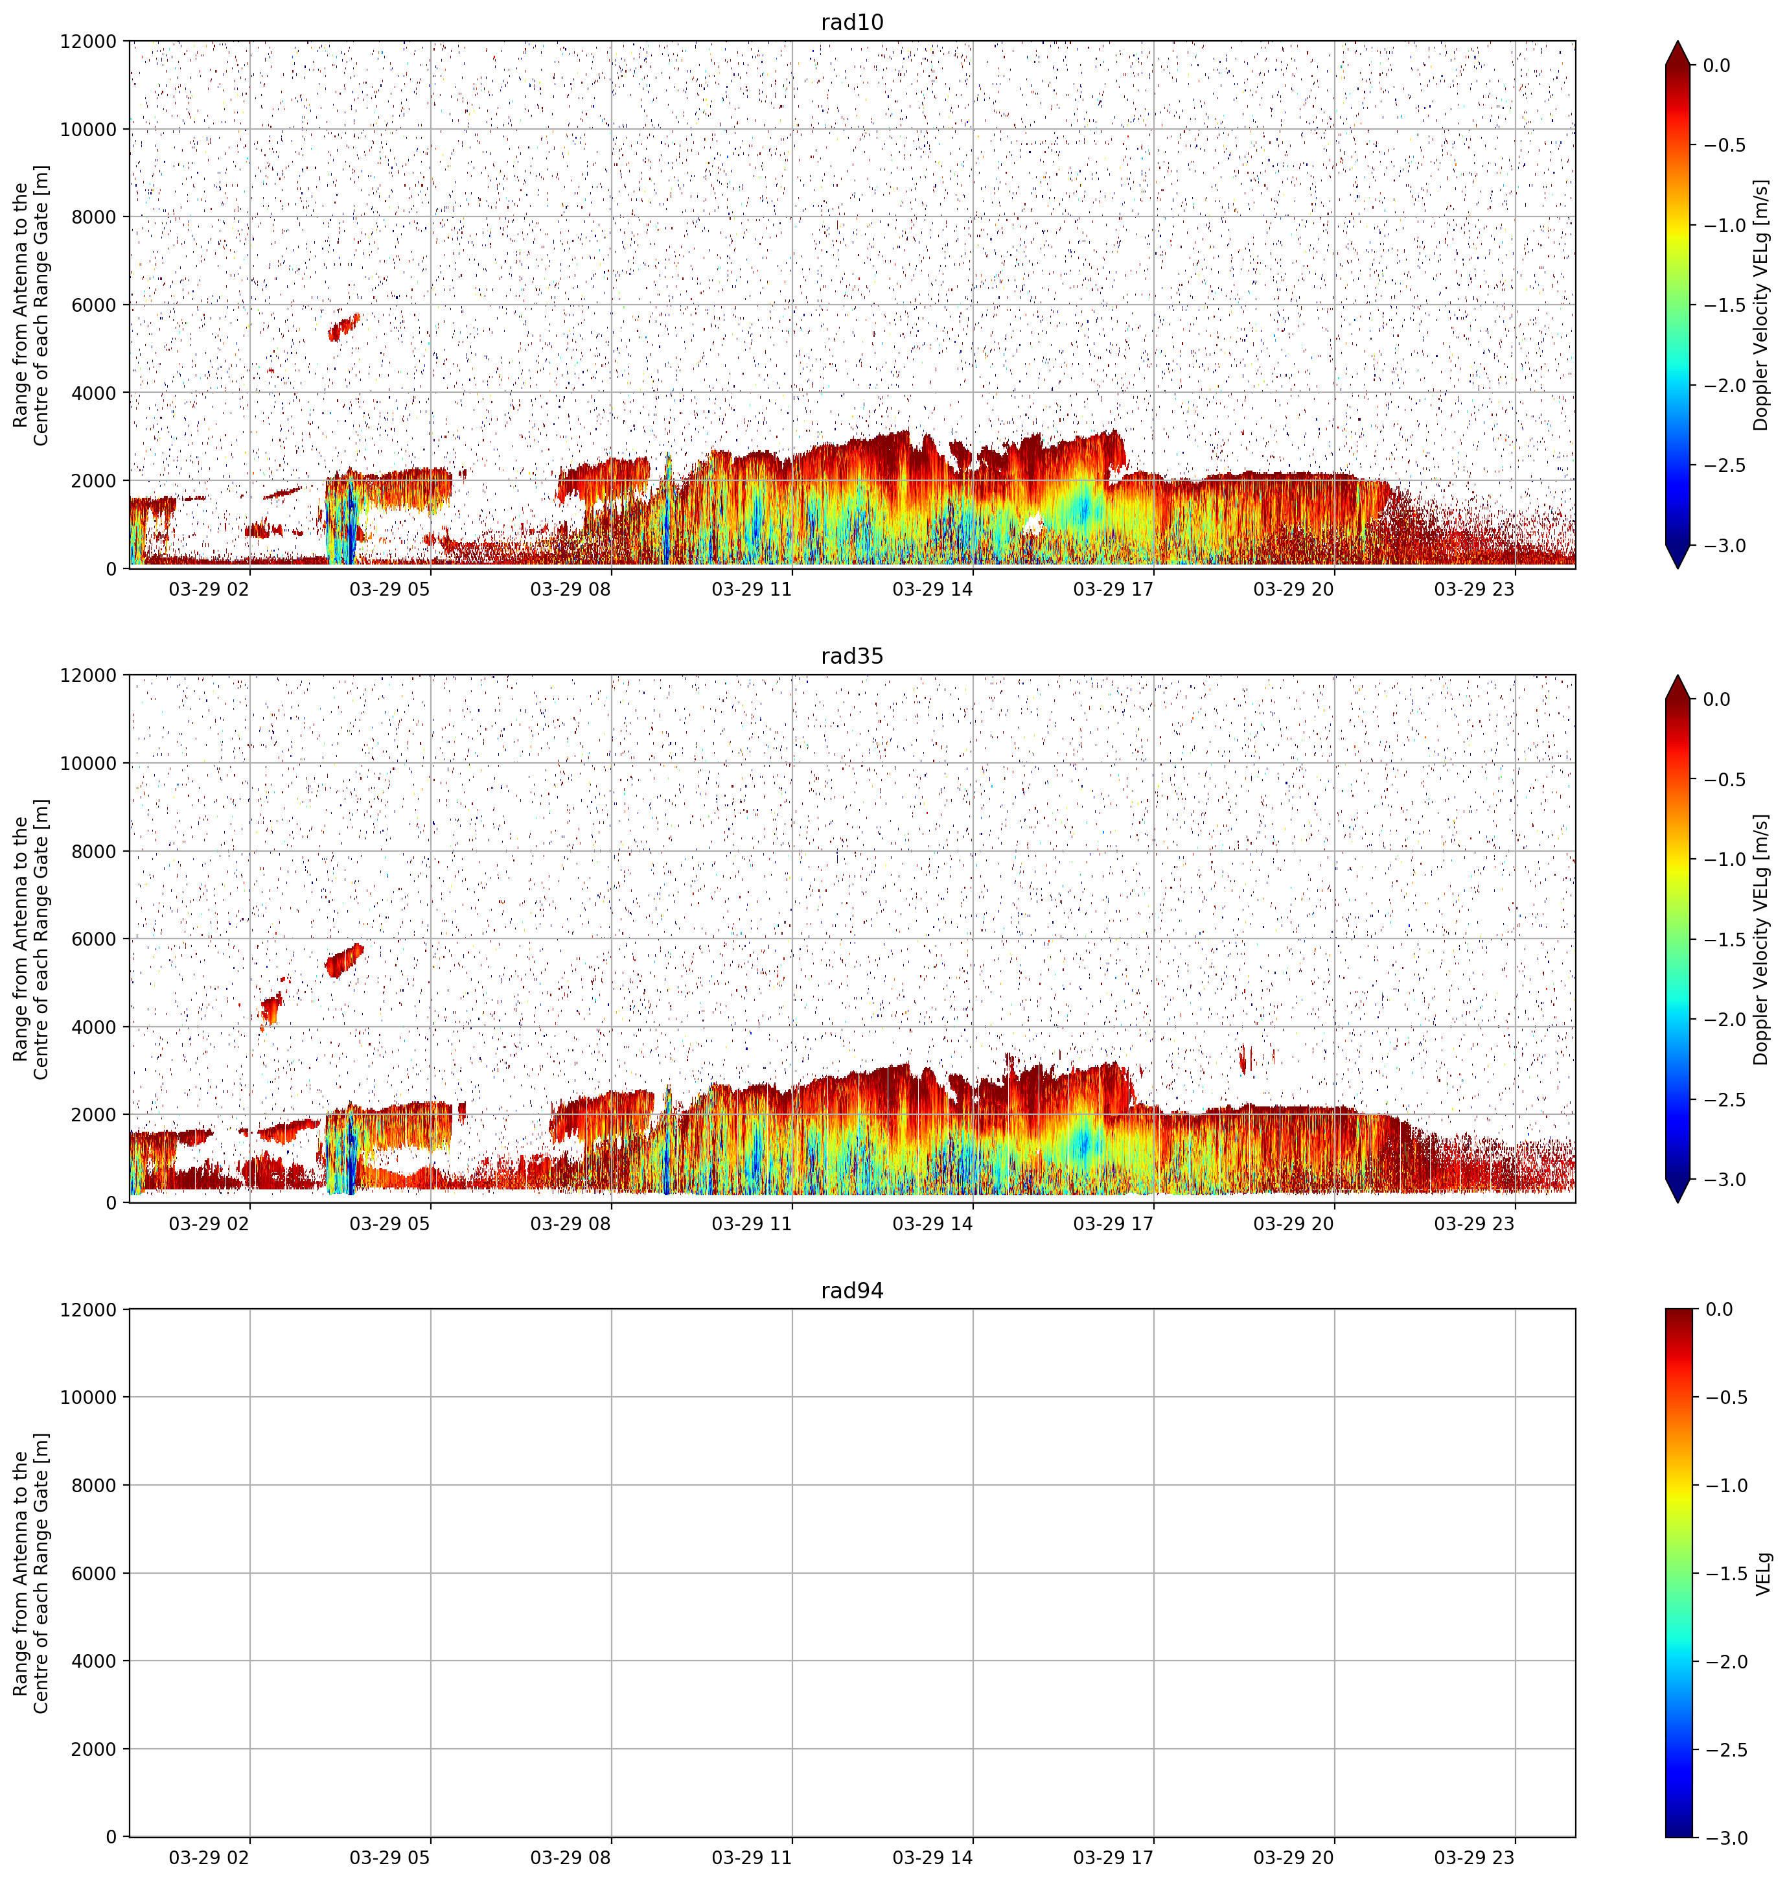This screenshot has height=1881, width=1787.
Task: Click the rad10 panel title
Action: (851, 22)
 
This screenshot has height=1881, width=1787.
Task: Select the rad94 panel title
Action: (851, 1291)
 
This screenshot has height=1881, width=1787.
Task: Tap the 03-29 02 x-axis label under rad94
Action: (209, 1857)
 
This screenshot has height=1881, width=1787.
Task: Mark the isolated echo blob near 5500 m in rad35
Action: (344, 959)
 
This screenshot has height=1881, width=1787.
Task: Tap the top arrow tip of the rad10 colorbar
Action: (1678, 41)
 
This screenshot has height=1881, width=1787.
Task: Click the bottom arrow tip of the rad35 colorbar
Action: (1678, 1202)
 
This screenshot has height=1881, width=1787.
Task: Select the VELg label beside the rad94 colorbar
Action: (1762, 1573)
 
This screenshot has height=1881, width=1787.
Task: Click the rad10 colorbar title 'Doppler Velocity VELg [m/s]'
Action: (1760, 305)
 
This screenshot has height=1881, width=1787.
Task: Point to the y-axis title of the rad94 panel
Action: (32, 1573)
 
